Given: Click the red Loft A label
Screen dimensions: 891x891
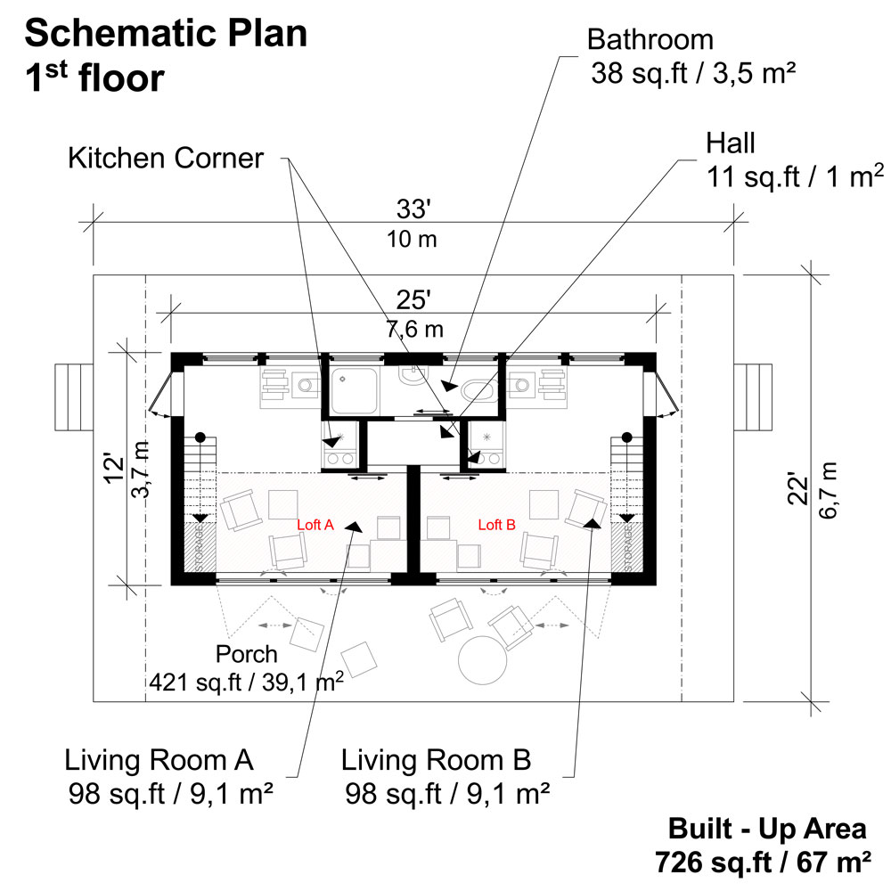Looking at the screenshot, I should (315, 526).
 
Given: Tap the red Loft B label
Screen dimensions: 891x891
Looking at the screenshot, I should (497, 526).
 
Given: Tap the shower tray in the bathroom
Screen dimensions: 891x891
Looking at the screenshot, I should (355, 392).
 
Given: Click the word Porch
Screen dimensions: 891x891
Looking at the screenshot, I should (247, 654).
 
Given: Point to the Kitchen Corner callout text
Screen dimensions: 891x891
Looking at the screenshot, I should (167, 159).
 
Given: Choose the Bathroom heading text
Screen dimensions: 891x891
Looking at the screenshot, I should (650, 40).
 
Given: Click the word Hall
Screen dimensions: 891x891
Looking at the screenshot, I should (731, 143).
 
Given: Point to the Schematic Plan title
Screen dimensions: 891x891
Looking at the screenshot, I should (167, 34).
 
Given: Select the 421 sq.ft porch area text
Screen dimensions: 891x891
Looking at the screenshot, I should (248, 683).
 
